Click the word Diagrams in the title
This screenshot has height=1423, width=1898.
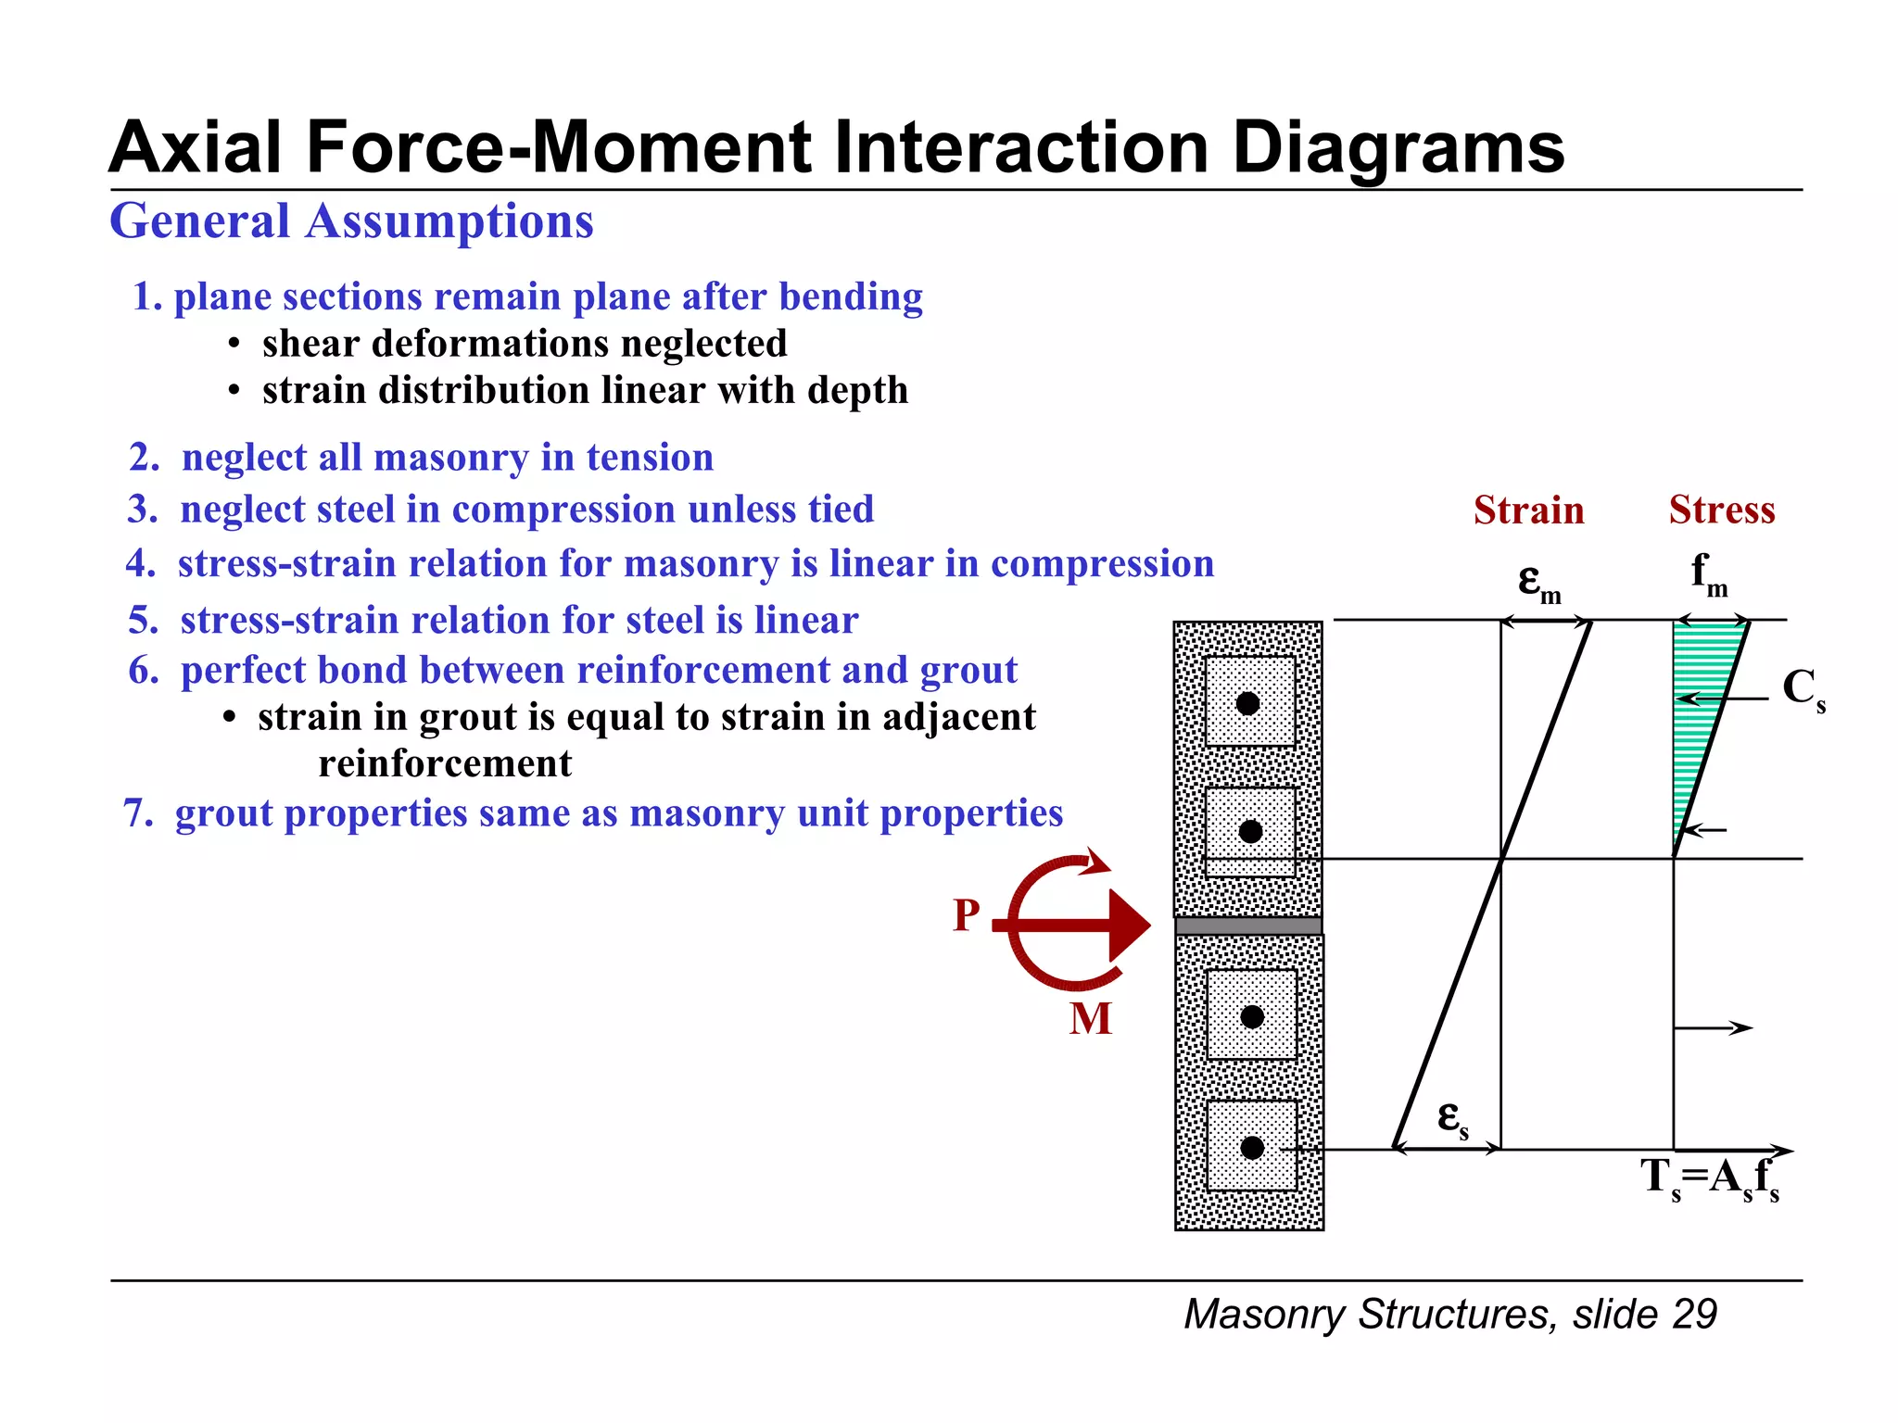click(1398, 148)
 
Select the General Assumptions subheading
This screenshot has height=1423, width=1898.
click(351, 221)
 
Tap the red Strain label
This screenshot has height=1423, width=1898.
click(1528, 510)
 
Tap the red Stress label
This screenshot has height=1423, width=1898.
click(1722, 510)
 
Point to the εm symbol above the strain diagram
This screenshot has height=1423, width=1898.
click(1537, 582)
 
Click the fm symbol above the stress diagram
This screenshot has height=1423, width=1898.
click(1708, 574)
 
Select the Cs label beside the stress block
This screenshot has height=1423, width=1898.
click(1802, 690)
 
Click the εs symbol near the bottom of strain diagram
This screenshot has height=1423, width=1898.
click(1451, 1118)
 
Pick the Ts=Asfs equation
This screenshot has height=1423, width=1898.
click(1709, 1178)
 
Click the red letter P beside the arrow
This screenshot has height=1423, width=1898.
click(966, 916)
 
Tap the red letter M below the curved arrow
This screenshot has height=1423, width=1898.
click(1090, 1019)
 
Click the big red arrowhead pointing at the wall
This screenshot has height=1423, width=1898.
click(1128, 925)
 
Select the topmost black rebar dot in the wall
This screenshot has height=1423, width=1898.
click(1248, 703)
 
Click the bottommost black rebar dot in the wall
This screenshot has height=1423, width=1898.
click(1252, 1148)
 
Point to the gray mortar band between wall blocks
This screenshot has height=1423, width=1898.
click(1248, 926)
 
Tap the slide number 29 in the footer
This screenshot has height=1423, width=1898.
click(1695, 1315)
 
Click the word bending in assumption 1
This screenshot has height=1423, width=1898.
click(851, 296)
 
